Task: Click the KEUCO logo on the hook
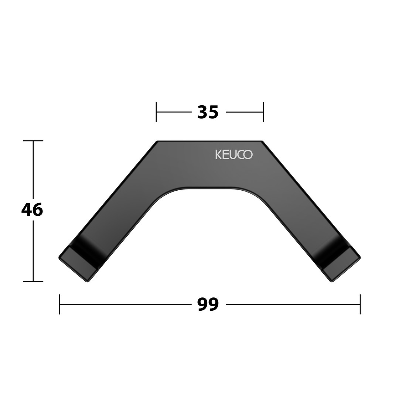(234, 154)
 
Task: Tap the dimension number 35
(208, 112)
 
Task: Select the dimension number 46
(32, 210)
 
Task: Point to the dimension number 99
(208, 304)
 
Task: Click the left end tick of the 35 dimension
(156, 112)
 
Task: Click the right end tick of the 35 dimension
(263, 112)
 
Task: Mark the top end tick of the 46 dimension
(33, 140)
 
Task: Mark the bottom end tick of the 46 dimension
(33, 282)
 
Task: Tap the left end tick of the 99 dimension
(59, 304)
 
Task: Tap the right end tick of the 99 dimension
(360, 304)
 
